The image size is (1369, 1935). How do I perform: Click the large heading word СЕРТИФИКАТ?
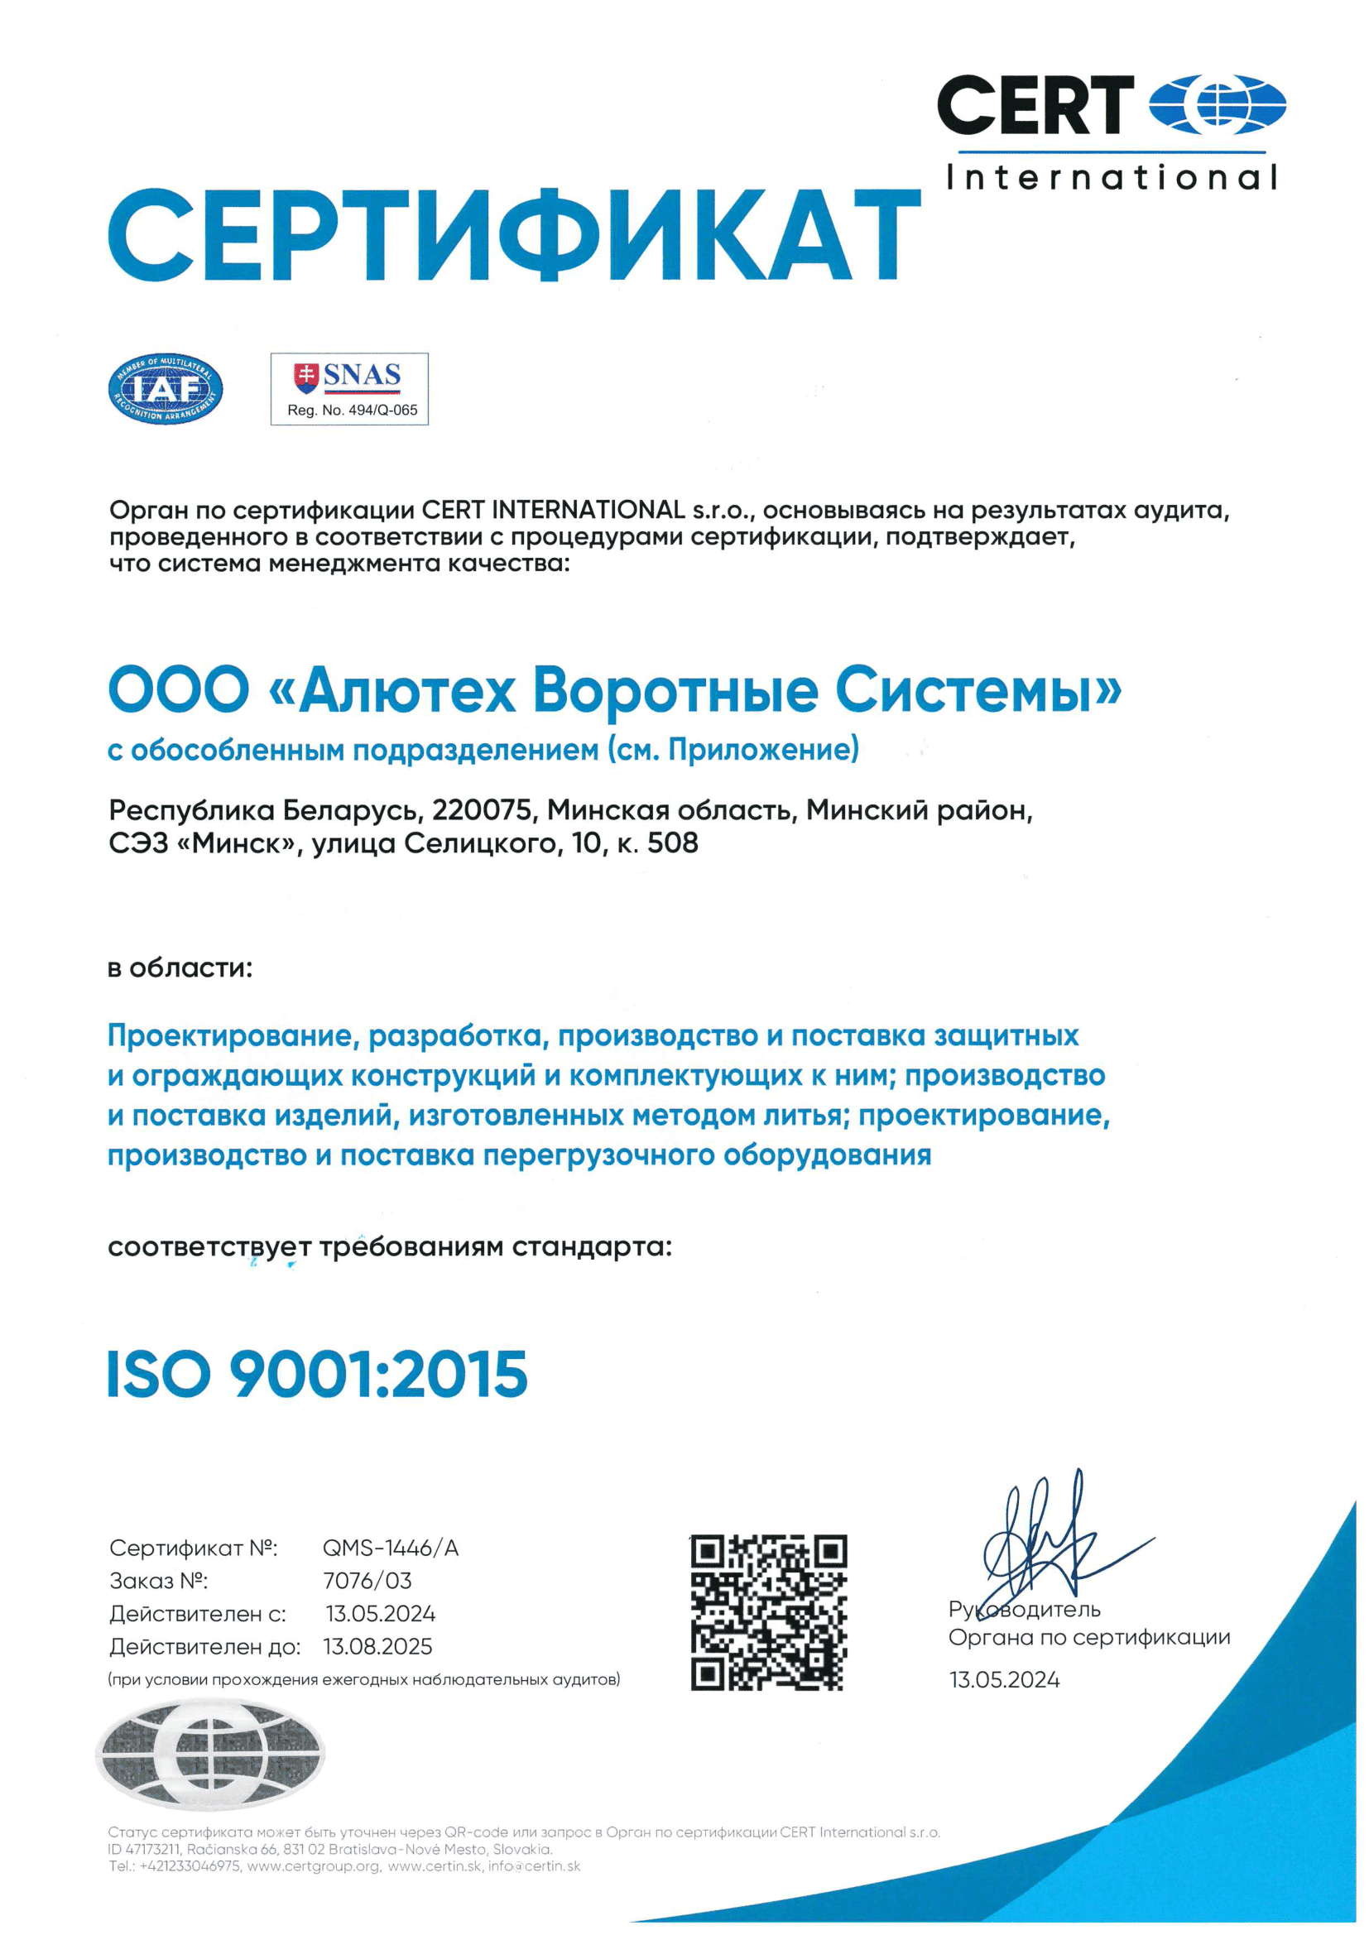pos(514,235)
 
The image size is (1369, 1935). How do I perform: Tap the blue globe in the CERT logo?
pos(1217,105)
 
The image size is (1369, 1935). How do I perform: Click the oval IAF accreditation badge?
pos(166,388)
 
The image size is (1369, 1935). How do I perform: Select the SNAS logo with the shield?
pos(348,376)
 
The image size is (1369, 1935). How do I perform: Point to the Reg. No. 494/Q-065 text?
pos(352,411)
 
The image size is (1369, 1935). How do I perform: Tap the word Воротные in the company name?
pos(675,690)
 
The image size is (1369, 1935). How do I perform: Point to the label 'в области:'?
pos(180,968)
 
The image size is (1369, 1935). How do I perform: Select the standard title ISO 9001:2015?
pos(317,1375)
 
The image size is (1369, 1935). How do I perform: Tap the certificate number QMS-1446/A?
pos(391,1548)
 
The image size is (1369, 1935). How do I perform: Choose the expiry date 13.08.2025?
pos(377,1647)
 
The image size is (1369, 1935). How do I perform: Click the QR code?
pos(768,1612)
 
